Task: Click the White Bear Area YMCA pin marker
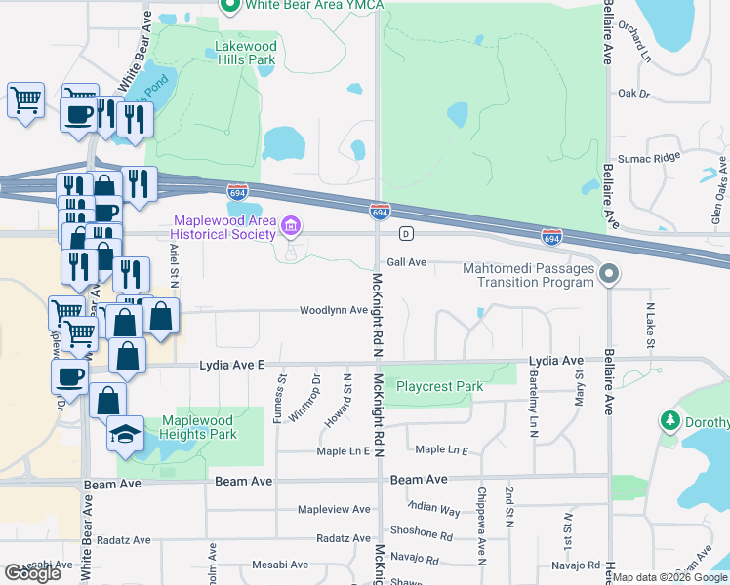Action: (x=231, y=6)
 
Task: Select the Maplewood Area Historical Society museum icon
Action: (x=290, y=228)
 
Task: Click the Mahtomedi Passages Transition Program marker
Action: (x=610, y=273)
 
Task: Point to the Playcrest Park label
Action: (x=439, y=386)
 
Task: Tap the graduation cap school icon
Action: (x=125, y=432)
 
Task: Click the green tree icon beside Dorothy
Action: (x=670, y=422)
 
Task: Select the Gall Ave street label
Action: (x=407, y=262)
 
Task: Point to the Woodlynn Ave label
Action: (x=333, y=311)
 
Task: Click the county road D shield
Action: (x=405, y=234)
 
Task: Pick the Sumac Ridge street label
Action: (x=646, y=157)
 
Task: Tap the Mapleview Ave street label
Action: (x=334, y=510)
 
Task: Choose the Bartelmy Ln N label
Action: (x=534, y=407)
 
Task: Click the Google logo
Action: (x=32, y=573)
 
